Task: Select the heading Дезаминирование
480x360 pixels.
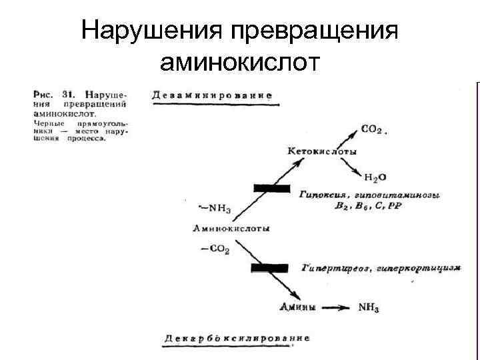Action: (212, 95)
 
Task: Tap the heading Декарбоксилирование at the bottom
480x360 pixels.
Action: (237, 338)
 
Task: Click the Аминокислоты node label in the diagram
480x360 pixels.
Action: (231, 229)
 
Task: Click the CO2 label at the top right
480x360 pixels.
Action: (372, 128)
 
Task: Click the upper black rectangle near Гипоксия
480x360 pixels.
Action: (271, 189)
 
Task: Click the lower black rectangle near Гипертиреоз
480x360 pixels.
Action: (269, 268)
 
